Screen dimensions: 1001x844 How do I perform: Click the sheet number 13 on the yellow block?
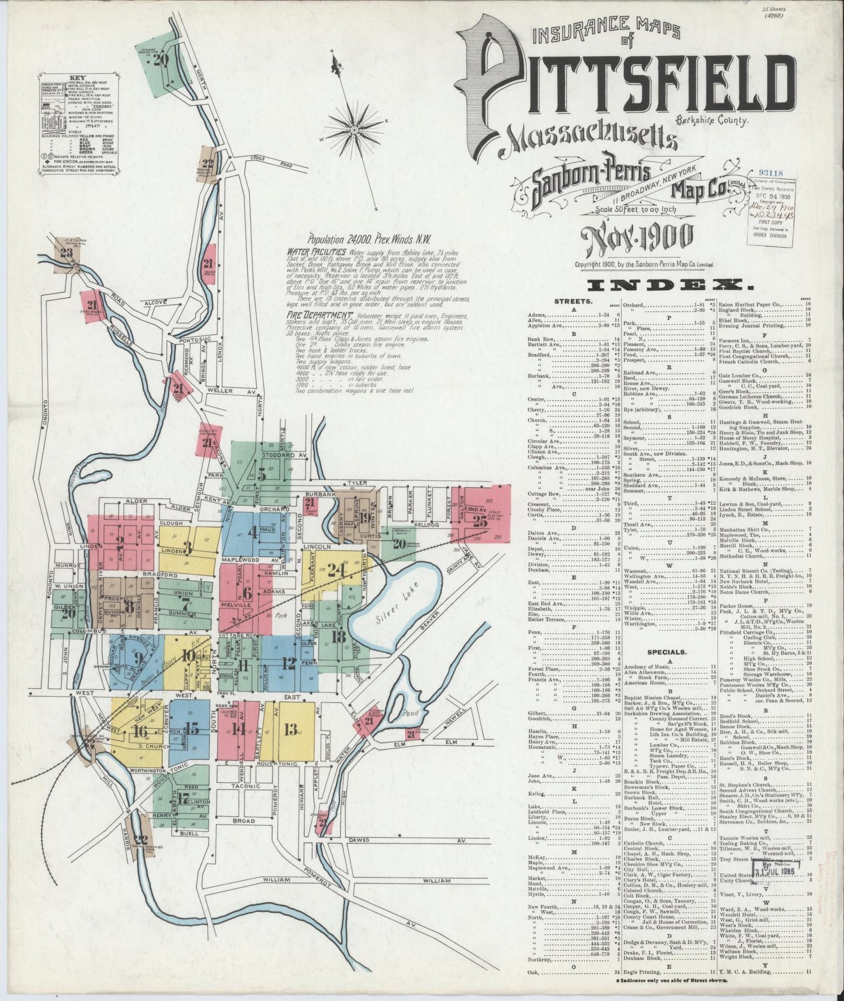(x=291, y=729)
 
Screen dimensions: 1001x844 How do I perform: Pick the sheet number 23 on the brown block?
(x=66, y=252)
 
